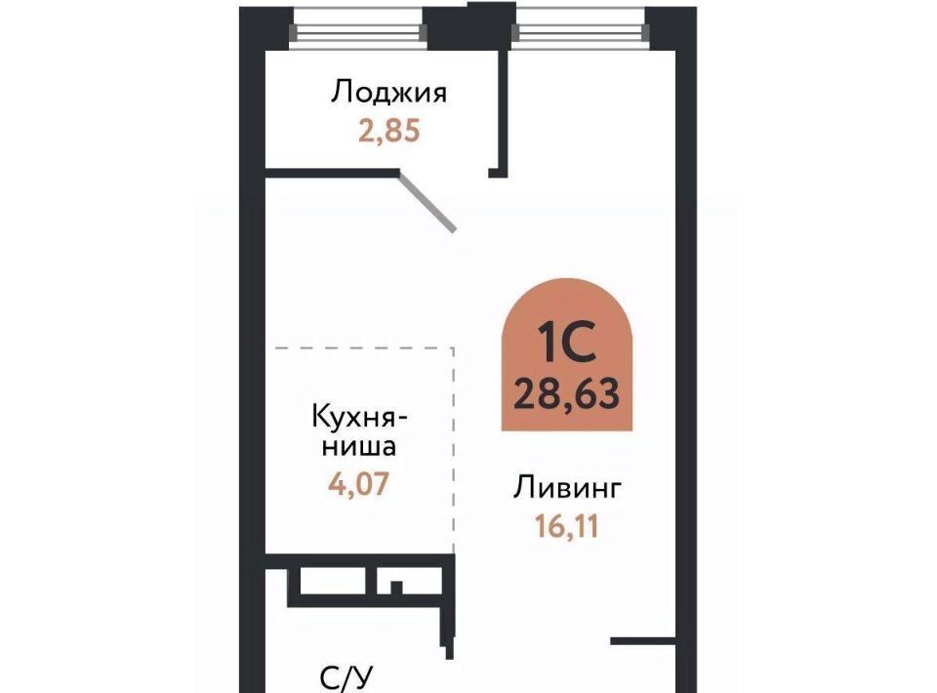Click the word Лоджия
point(389,93)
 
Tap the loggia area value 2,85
point(389,131)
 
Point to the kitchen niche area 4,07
point(358,483)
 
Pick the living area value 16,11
point(567,526)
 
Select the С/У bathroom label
point(346,678)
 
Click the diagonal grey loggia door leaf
point(428,202)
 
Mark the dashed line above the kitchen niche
point(364,347)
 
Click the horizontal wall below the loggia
point(332,174)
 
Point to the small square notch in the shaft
point(395,588)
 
